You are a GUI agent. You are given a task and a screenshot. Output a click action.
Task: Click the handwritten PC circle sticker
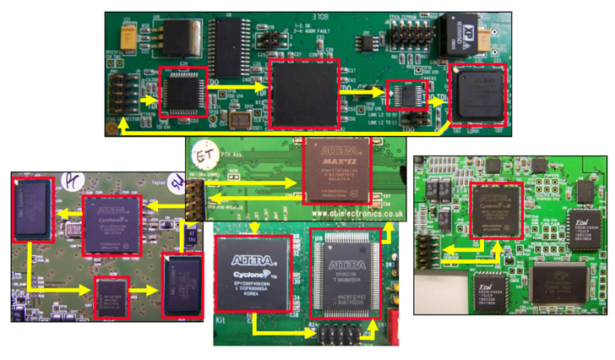pos(71,183)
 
